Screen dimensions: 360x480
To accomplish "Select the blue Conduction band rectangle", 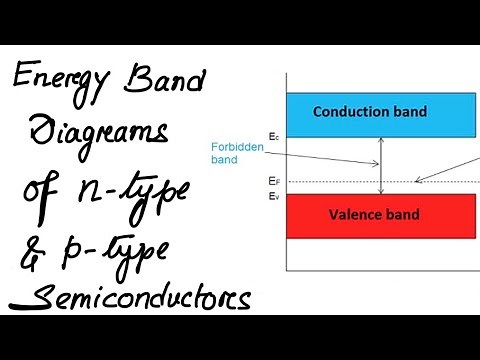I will coord(380,114).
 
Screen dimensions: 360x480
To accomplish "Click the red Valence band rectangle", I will coord(380,216).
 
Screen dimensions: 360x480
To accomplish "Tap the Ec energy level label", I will coord(273,135).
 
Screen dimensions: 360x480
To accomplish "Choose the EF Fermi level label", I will coord(273,181).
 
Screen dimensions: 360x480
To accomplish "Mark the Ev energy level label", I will coord(273,196).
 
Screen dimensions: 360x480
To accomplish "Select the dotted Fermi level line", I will coord(340,181).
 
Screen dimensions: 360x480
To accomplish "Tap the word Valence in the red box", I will coord(355,215).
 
